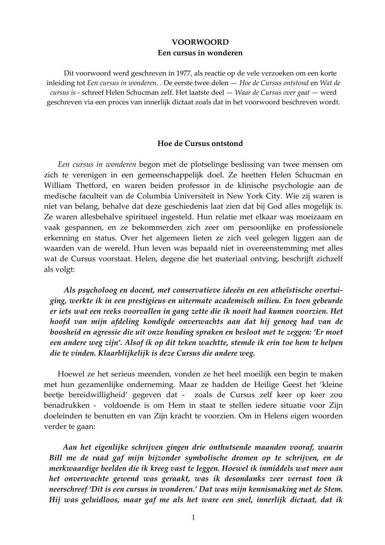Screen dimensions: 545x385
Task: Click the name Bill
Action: click(x=56, y=458)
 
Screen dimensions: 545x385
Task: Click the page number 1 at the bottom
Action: click(x=193, y=517)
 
